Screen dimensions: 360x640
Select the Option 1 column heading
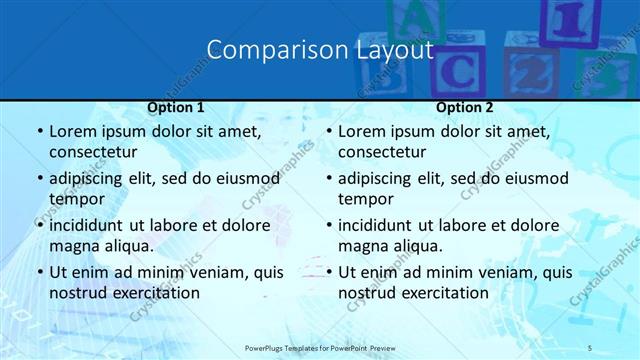coord(176,107)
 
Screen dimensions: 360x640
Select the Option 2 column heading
coord(465,107)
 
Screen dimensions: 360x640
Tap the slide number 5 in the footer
coord(590,347)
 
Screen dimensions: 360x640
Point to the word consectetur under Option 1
coord(93,152)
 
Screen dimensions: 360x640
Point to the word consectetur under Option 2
coord(382,152)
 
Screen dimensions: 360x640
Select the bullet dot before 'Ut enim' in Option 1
coord(39,272)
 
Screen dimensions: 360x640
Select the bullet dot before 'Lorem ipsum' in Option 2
coord(328,131)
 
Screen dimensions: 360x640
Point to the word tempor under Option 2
coord(363,199)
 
